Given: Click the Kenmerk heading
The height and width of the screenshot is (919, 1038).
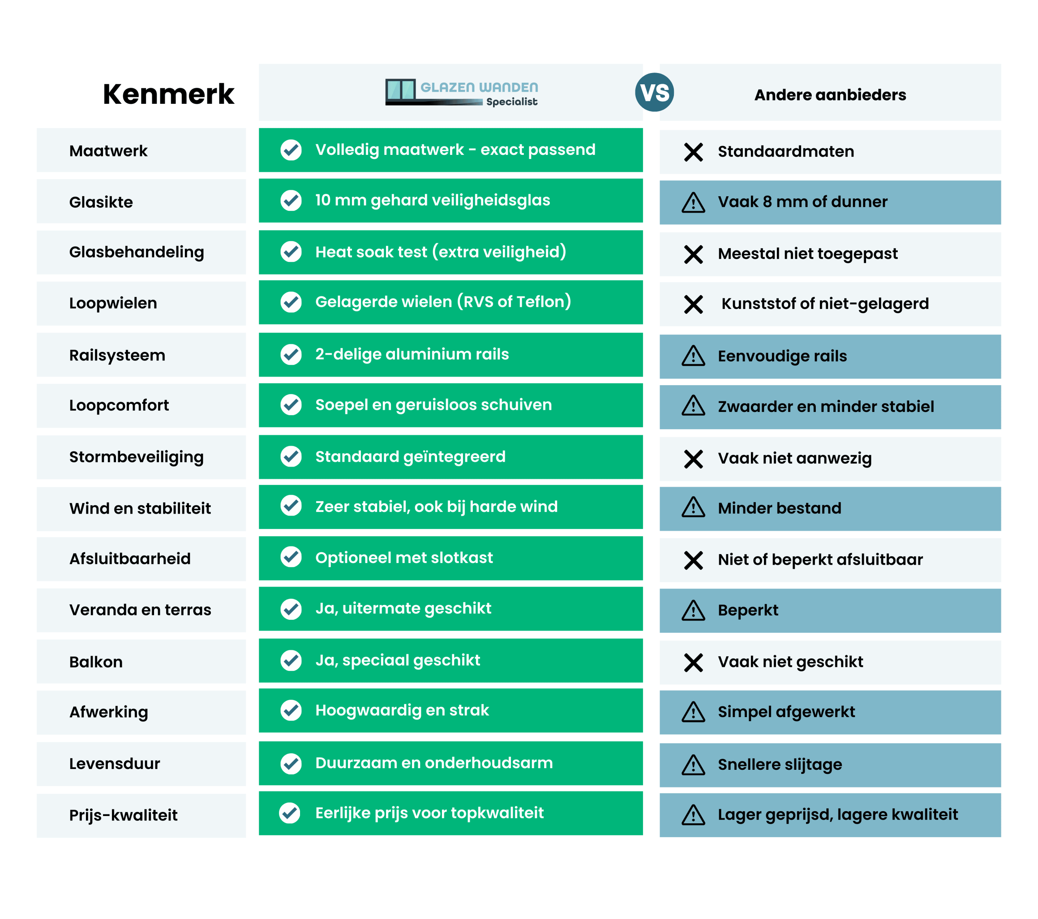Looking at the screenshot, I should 168,94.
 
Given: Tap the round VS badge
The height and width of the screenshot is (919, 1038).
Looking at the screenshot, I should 654,92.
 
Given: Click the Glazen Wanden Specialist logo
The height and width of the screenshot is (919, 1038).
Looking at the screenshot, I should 461,92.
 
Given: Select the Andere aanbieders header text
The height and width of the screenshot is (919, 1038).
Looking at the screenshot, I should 830,95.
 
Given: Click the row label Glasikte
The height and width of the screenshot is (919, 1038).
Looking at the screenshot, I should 101,202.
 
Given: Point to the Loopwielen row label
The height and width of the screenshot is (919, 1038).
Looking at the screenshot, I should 113,303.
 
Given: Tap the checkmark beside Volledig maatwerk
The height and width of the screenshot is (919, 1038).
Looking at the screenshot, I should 291,150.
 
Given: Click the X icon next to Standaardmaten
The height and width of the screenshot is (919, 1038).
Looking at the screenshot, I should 693,152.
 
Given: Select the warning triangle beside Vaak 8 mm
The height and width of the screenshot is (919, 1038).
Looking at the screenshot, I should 693,203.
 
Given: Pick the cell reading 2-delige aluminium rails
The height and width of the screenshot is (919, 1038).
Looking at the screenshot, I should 412,354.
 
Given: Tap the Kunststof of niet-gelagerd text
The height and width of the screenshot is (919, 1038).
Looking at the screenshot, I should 825,304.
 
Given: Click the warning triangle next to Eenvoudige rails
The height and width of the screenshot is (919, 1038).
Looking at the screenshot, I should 693,356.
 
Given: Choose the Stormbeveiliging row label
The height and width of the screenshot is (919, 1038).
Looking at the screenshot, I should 137,457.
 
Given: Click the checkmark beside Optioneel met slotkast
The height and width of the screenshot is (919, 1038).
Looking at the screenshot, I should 291,557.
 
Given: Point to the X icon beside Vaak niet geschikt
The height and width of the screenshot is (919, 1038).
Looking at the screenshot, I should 693,662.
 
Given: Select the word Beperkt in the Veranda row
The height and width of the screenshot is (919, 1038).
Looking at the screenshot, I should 748,610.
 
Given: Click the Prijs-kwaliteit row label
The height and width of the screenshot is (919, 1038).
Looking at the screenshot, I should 123,815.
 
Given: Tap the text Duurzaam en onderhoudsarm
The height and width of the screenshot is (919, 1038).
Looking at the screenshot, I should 434,763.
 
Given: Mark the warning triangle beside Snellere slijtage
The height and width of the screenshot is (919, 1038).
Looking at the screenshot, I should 693,765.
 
